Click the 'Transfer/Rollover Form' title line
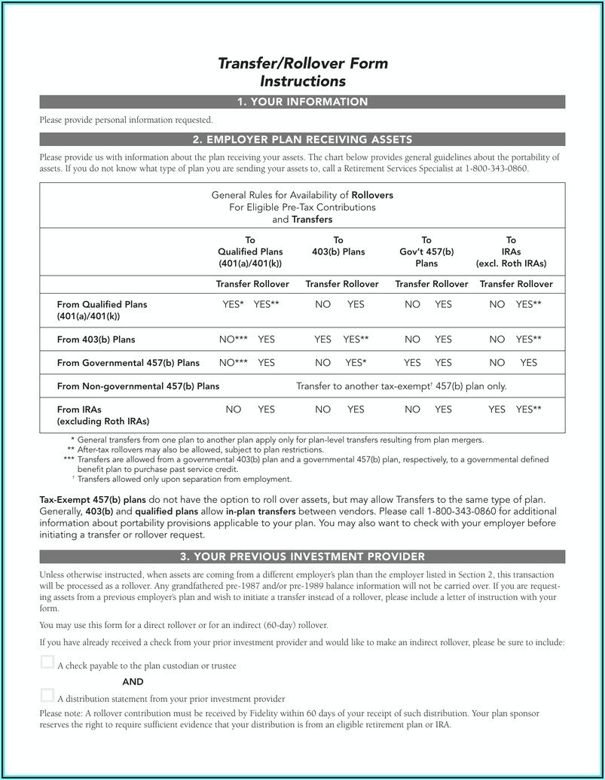303,64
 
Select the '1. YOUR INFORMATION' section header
302,102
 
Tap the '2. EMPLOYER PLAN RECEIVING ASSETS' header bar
302,139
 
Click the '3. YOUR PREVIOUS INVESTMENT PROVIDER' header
302,557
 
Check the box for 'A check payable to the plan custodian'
47,663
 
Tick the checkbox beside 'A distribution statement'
47,695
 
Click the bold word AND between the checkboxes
133,682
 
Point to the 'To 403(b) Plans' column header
338,246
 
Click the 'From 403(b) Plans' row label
96,340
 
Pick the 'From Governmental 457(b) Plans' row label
128,363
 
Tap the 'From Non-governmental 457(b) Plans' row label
138,386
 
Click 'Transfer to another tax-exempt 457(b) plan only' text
401,386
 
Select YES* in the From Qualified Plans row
233,304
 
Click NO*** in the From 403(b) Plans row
233,340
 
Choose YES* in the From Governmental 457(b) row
356,363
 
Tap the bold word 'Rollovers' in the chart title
372,195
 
